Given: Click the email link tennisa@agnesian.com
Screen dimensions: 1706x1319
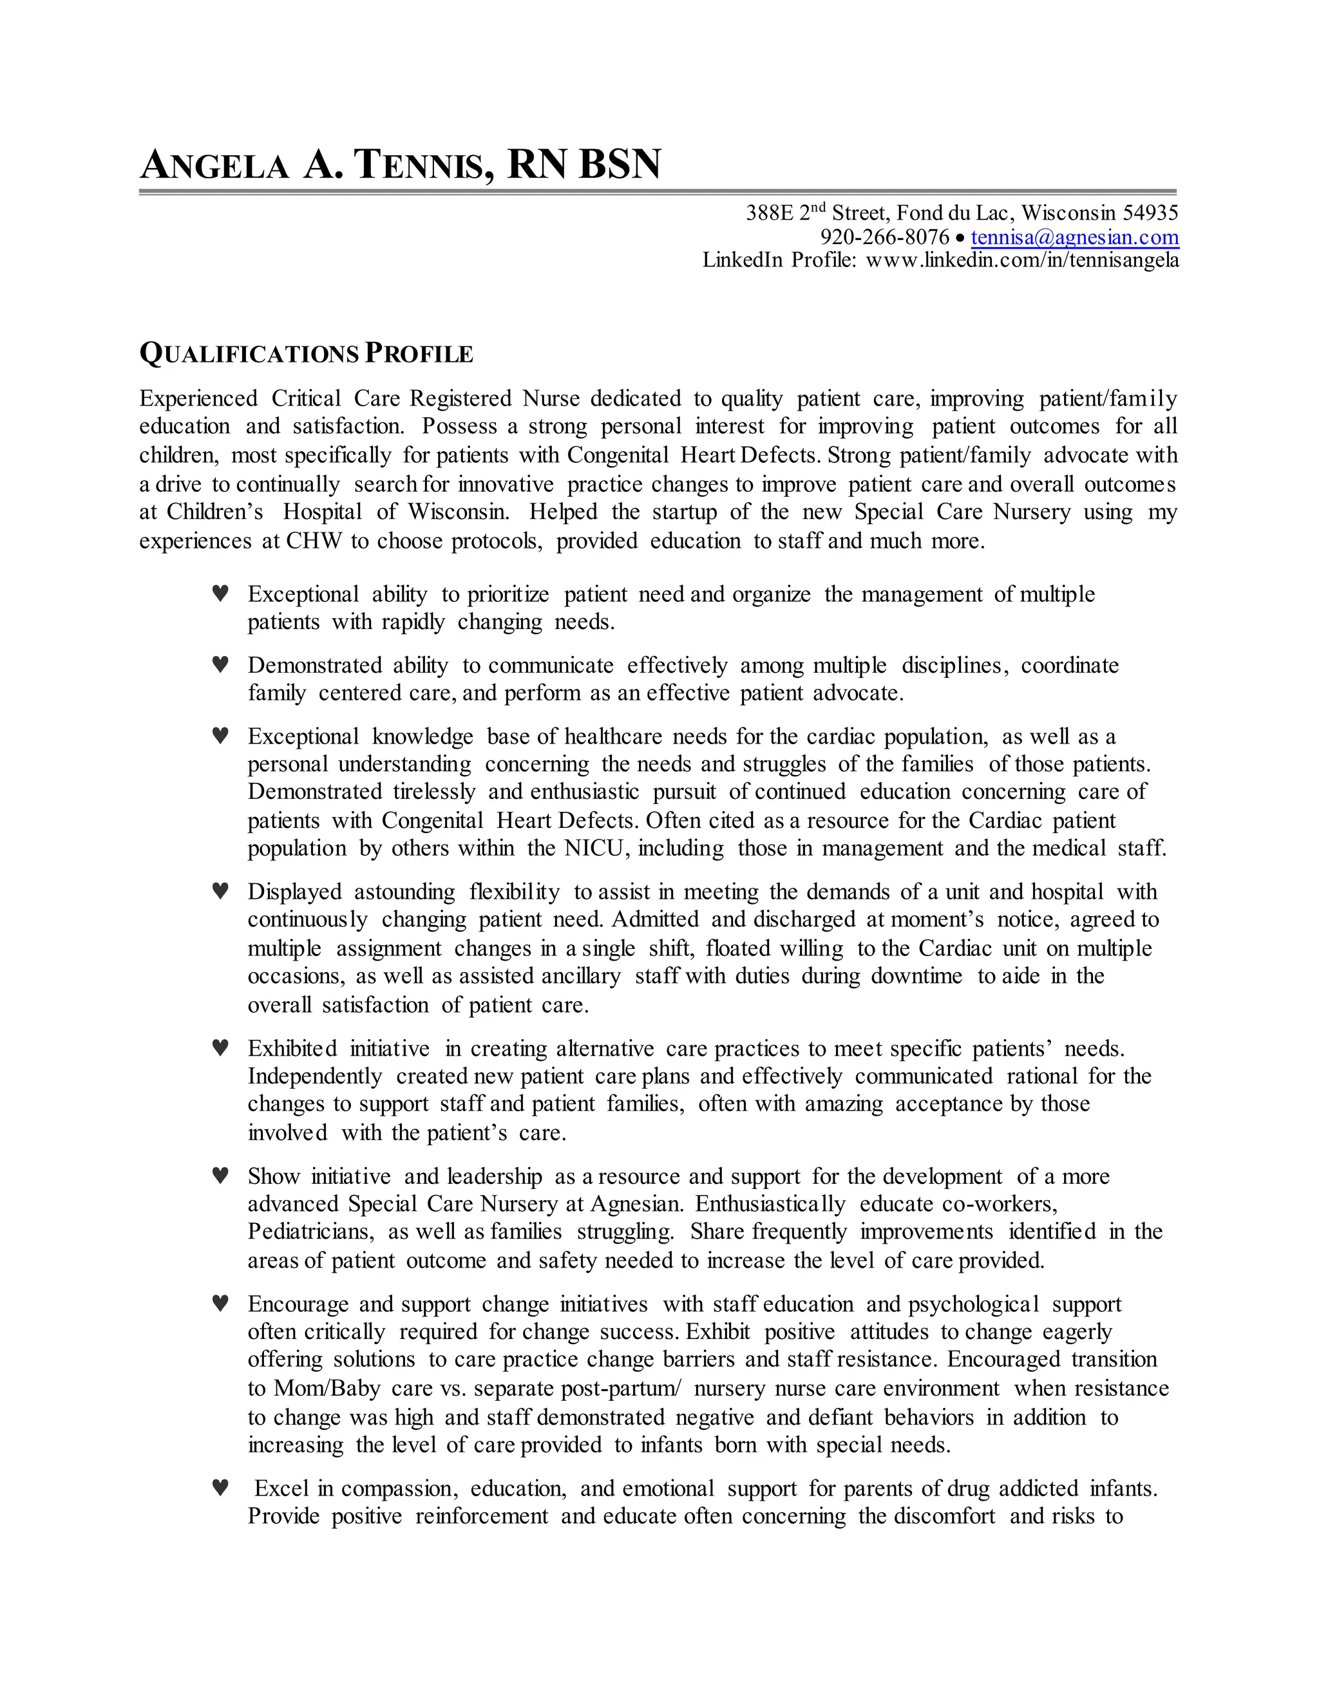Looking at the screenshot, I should (1074, 238).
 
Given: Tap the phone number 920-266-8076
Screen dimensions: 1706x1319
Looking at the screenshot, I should (884, 238).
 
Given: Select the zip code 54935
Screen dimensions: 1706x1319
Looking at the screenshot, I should (1150, 212).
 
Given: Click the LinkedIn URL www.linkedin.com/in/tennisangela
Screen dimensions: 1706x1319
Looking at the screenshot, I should (1022, 260).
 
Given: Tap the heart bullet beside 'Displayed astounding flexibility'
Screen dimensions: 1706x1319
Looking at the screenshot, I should (220, 890).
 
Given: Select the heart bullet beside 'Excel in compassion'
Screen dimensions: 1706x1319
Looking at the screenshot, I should (220, 1487).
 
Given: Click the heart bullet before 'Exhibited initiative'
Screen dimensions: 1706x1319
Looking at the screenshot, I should (220, 1047).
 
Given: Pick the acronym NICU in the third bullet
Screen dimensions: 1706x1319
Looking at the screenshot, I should (596, 848).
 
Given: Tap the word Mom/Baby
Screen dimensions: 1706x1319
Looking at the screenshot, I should (327, 1389).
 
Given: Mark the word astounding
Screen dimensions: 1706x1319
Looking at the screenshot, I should (404, 892).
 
